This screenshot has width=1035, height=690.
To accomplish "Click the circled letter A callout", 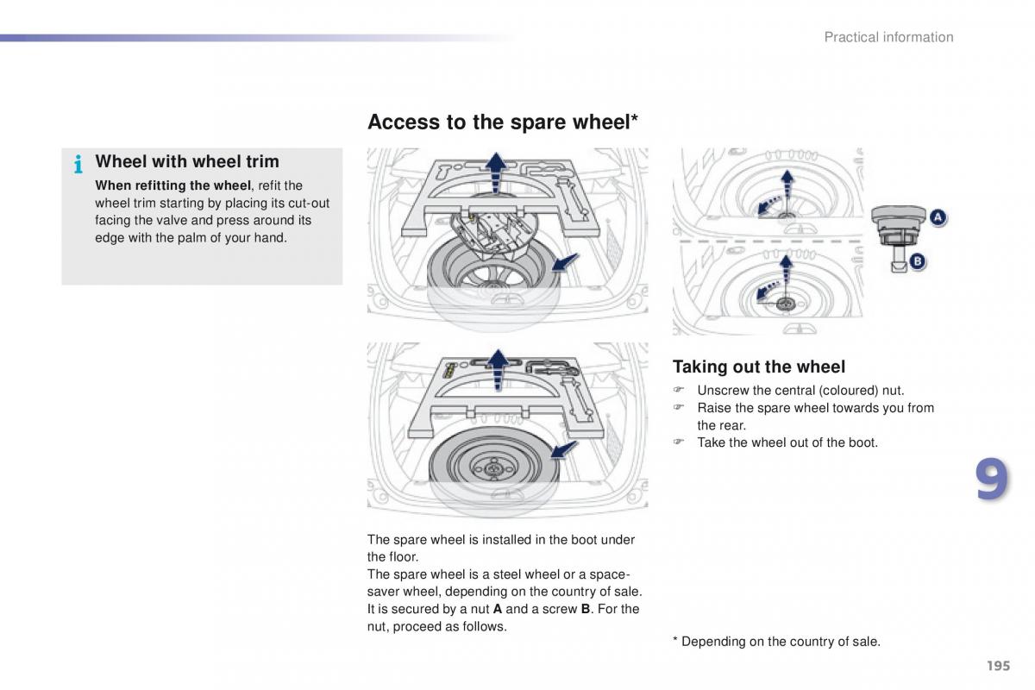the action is click(x=938, y=217).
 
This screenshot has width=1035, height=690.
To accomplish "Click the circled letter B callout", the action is click(x=918, y=261).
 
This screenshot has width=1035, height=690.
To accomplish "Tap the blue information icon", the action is click(x=78, y=164).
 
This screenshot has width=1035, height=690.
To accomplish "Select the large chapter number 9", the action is click(x=992, y=479).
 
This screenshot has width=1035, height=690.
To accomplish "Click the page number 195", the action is click(x=998, y=666).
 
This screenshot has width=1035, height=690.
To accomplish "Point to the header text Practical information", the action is click(x=888, y=37).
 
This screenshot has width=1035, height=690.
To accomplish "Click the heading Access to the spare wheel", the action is click(x=502, y=122).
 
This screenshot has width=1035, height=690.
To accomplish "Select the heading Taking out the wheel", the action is click(x=759, y=367).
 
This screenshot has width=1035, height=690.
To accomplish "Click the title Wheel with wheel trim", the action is click(x=187, y=161).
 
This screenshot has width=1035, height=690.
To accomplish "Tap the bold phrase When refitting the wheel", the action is click(x=172, y=185).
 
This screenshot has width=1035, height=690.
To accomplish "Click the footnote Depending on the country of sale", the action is click(x=781, y=642).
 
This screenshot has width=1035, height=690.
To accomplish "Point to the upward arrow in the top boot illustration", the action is click(x=496, y=172).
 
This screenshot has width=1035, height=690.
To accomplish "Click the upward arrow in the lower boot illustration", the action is click(x=498, y=370).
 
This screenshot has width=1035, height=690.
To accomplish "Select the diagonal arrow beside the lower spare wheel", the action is click(x=564, y=449).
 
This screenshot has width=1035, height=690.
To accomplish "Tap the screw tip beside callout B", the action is click(x=899, y=267).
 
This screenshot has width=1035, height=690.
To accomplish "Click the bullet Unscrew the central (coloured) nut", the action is click(x=800, y=391).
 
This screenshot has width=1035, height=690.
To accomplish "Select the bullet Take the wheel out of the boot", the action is click(x=787, y=442).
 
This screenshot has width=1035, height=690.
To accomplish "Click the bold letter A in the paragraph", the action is click(x=498, y=609).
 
